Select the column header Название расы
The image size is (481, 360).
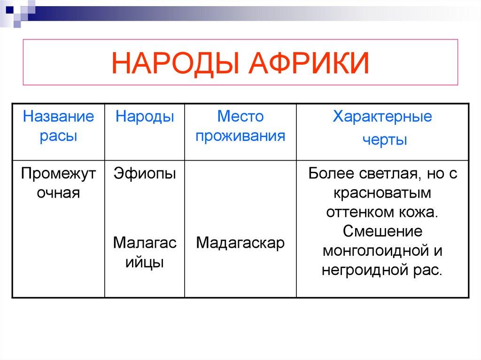(x=59, y=126)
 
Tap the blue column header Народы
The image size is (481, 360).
(x=145, y=116)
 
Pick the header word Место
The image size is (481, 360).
(x=240, y=116)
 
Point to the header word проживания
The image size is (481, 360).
(x=240, y=136)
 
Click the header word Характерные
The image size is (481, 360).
(x=382, y=116)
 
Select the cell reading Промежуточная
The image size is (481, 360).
(x=59, y=183)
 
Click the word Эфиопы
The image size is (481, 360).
(x=145, y=174)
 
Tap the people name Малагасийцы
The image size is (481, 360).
(x=145, y=253)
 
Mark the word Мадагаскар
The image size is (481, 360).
(x=240, y=243)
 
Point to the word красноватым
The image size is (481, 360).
(x=382, y=193)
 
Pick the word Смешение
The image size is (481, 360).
(x=382, y=231)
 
